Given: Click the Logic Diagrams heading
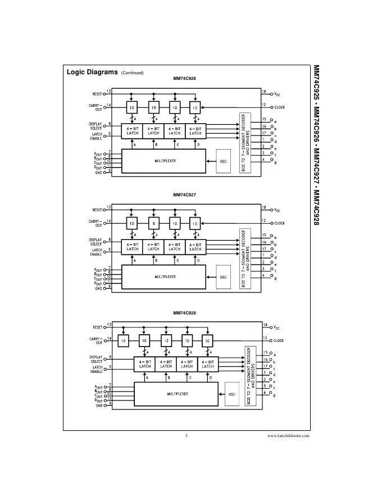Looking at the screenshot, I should [x=92, y=73].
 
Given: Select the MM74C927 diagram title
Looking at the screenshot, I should [x=184, y=195].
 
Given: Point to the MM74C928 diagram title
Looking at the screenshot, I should [x=184, y=313].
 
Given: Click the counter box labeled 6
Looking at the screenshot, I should [x=153, y=223].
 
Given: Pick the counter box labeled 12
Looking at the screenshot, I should [x=166, y=341].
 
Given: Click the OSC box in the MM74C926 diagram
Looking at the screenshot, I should [x=223, y=161].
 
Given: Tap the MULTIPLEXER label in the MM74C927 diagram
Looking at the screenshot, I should [x=165, y=277].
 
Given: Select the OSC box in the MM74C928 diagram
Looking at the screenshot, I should [x=230, y=394].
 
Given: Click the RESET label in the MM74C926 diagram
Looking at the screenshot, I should [x=97, y=93].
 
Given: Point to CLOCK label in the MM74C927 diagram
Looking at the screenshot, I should [x=279, y=223].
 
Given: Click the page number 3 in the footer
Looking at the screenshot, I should [x=186, y=436].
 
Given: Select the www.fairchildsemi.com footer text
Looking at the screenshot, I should [x=288, y=436].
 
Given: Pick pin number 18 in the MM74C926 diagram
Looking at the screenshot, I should [x=263, y=91].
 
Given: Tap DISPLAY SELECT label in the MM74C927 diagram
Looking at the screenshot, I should [x=95, y=242].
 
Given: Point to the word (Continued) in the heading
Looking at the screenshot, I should [x=133, y=73].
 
